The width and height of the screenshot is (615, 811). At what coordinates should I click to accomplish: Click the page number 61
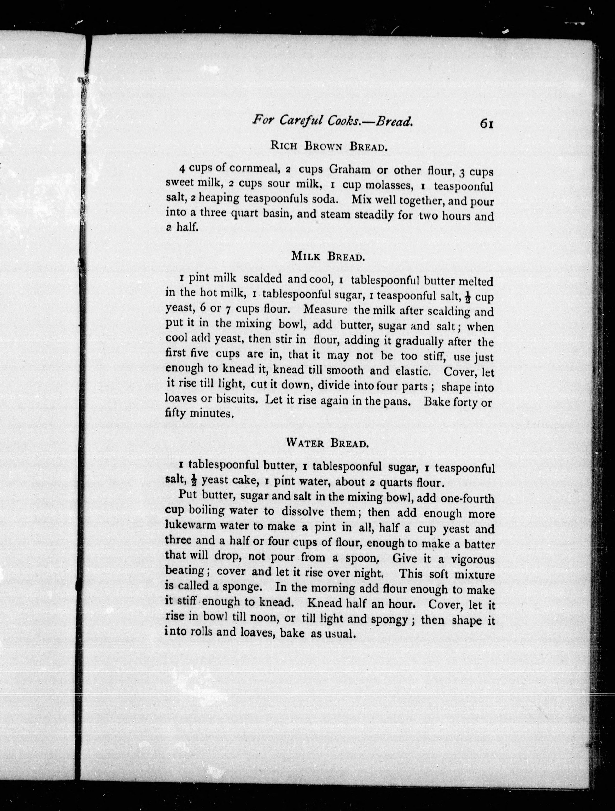pyautogui.click(x=486, y=124)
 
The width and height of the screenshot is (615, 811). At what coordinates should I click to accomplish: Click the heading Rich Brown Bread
pyautogui.click(x=329, y=146)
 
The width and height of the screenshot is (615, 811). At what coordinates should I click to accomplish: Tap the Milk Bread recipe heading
pyautogui.click(x=328, y=256)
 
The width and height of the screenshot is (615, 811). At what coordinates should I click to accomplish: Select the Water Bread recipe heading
pyautogui.click(x=327, y=443)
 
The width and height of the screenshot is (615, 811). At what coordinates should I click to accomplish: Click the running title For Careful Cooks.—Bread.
pyautogui.click(x=332, y=120)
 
